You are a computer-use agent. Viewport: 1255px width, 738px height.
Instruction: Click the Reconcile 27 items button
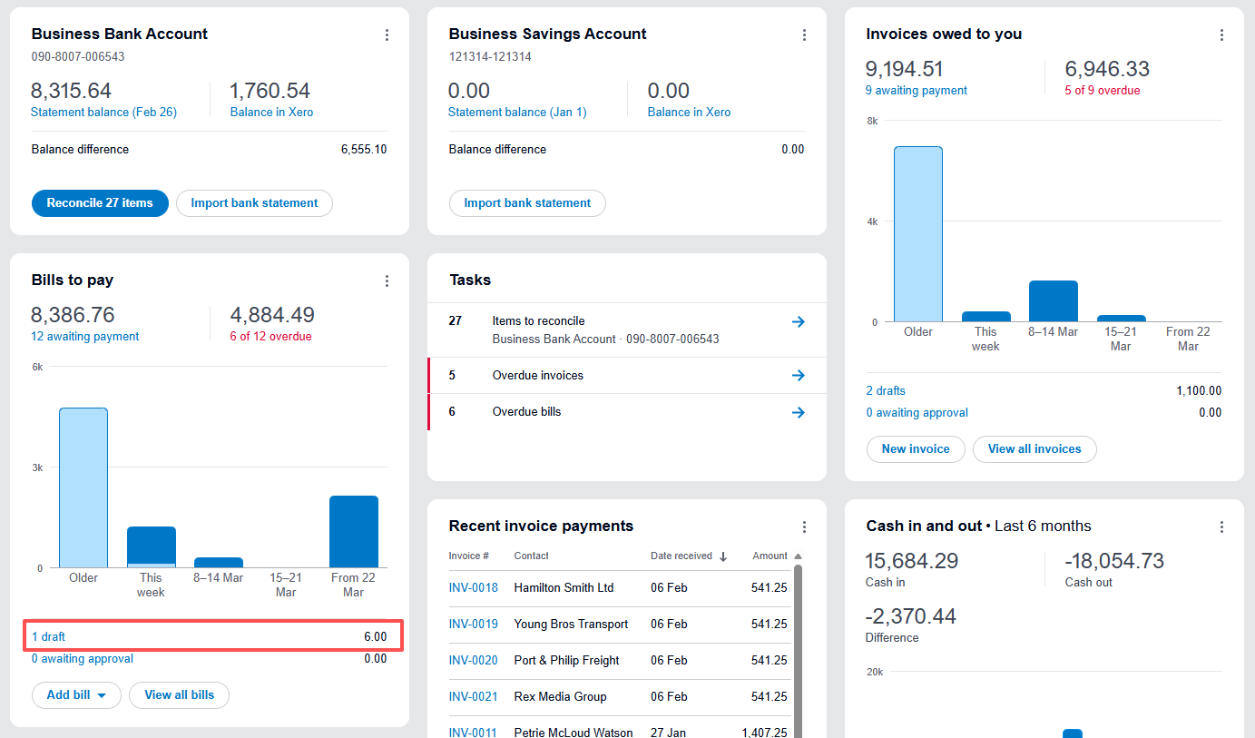pos(100,203)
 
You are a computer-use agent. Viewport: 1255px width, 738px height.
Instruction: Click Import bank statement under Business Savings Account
pos(527,203)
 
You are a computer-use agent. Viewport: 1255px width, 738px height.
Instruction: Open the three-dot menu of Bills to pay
pos(387,281)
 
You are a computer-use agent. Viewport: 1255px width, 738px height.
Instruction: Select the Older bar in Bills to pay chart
pos(83,488)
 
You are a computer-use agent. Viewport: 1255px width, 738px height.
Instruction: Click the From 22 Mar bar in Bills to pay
pos(353,532)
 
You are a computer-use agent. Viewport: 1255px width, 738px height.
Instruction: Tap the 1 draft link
pos(48,637)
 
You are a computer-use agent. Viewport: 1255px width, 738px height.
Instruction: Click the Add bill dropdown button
pos(76,695)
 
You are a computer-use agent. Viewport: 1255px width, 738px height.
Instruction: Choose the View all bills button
pos(179,695)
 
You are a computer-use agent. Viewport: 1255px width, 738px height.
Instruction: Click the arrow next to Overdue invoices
pos(798,376)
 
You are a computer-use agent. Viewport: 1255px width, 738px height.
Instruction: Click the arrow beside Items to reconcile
pos(798,321)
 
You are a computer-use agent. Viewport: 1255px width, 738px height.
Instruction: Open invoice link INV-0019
pos(473,625)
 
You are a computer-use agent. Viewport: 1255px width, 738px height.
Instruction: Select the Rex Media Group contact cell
pos(560,697)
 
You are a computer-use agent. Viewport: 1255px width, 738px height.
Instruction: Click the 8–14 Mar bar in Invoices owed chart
pos(1053,301)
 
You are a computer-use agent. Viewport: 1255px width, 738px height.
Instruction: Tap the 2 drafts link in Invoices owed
pos(886,391)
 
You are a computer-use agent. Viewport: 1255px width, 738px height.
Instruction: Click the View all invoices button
pos(1034,449)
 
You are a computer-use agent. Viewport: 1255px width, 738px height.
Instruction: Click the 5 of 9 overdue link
pos(1102,91)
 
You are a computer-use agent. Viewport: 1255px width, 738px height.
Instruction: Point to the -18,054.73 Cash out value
pos(1113,561)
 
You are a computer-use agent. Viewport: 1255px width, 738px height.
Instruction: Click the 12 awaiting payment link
pos(84,337)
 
